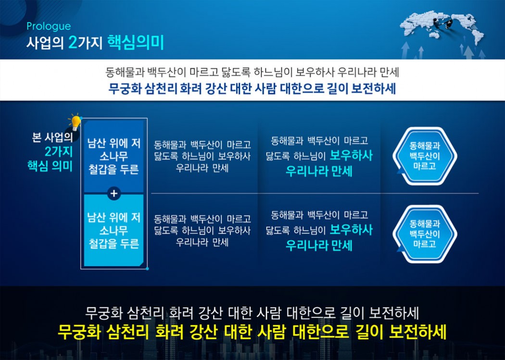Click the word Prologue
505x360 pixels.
[49, 26]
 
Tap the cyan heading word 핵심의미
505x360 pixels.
[136, 42]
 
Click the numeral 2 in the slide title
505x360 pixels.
[73, 43]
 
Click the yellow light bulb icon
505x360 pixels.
[75, 122]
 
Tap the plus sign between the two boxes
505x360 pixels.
[114, 193]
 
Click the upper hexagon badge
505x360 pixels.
[425, 156]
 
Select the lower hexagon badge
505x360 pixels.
[425, 234]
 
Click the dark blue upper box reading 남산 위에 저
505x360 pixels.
[114, 157]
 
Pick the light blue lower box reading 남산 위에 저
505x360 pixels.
[114, 230]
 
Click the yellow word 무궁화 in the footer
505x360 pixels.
[77, 332]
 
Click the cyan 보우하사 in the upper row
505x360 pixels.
[351, 156]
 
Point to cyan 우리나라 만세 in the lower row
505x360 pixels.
[319, 246]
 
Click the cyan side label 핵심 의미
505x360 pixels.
[50, 166]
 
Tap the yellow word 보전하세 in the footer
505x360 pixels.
[418, 332]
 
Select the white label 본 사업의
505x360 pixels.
[52, 137]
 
